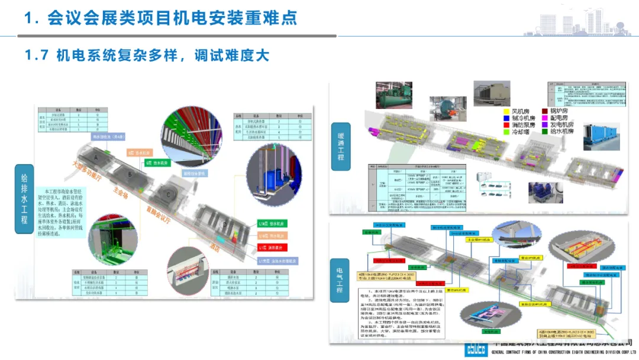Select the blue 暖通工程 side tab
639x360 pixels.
340,147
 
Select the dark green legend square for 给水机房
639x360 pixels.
545,132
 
